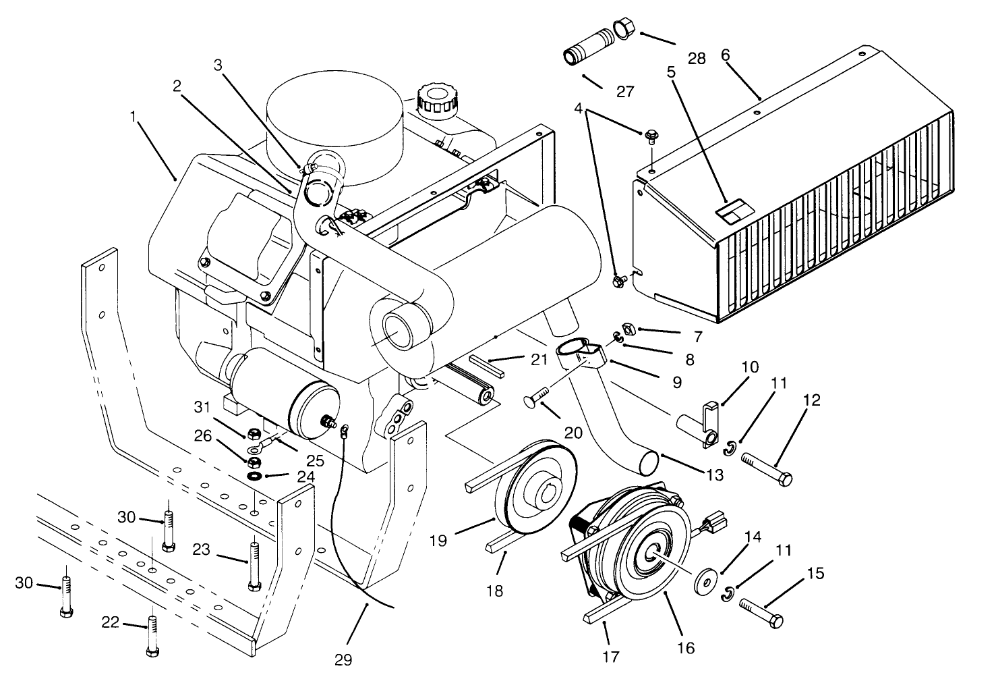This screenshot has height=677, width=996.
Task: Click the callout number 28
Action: [x=697, y=58]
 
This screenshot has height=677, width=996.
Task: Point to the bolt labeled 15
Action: [x=761, y=612]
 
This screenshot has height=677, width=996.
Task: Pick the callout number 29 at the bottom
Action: [x=343, y=659]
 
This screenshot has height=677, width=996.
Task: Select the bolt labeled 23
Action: [x=254, y=564]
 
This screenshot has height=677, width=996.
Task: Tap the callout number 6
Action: [x=726, y=55]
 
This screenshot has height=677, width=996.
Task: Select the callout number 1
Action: [x=134, y=117]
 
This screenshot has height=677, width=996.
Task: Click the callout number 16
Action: [x=685, y=648]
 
